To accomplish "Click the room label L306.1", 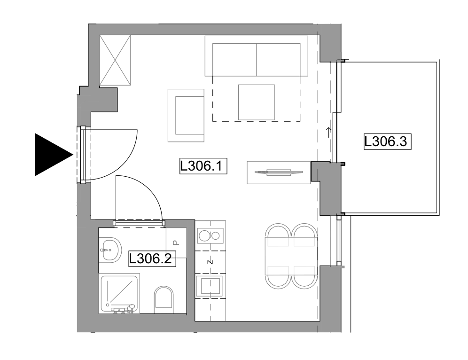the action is (203, 166).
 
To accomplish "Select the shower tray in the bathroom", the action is (119, 293).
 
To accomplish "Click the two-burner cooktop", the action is (210, 236).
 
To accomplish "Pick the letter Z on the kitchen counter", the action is (211, 262).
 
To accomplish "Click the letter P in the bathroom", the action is (176, 243).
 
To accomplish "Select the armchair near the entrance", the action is (186, 115).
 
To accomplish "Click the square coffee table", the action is (257, 102).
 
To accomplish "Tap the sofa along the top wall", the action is (257, 56).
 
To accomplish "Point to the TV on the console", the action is (279, 172).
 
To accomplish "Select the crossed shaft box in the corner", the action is (115, 60).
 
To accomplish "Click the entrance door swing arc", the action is (126, 163).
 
